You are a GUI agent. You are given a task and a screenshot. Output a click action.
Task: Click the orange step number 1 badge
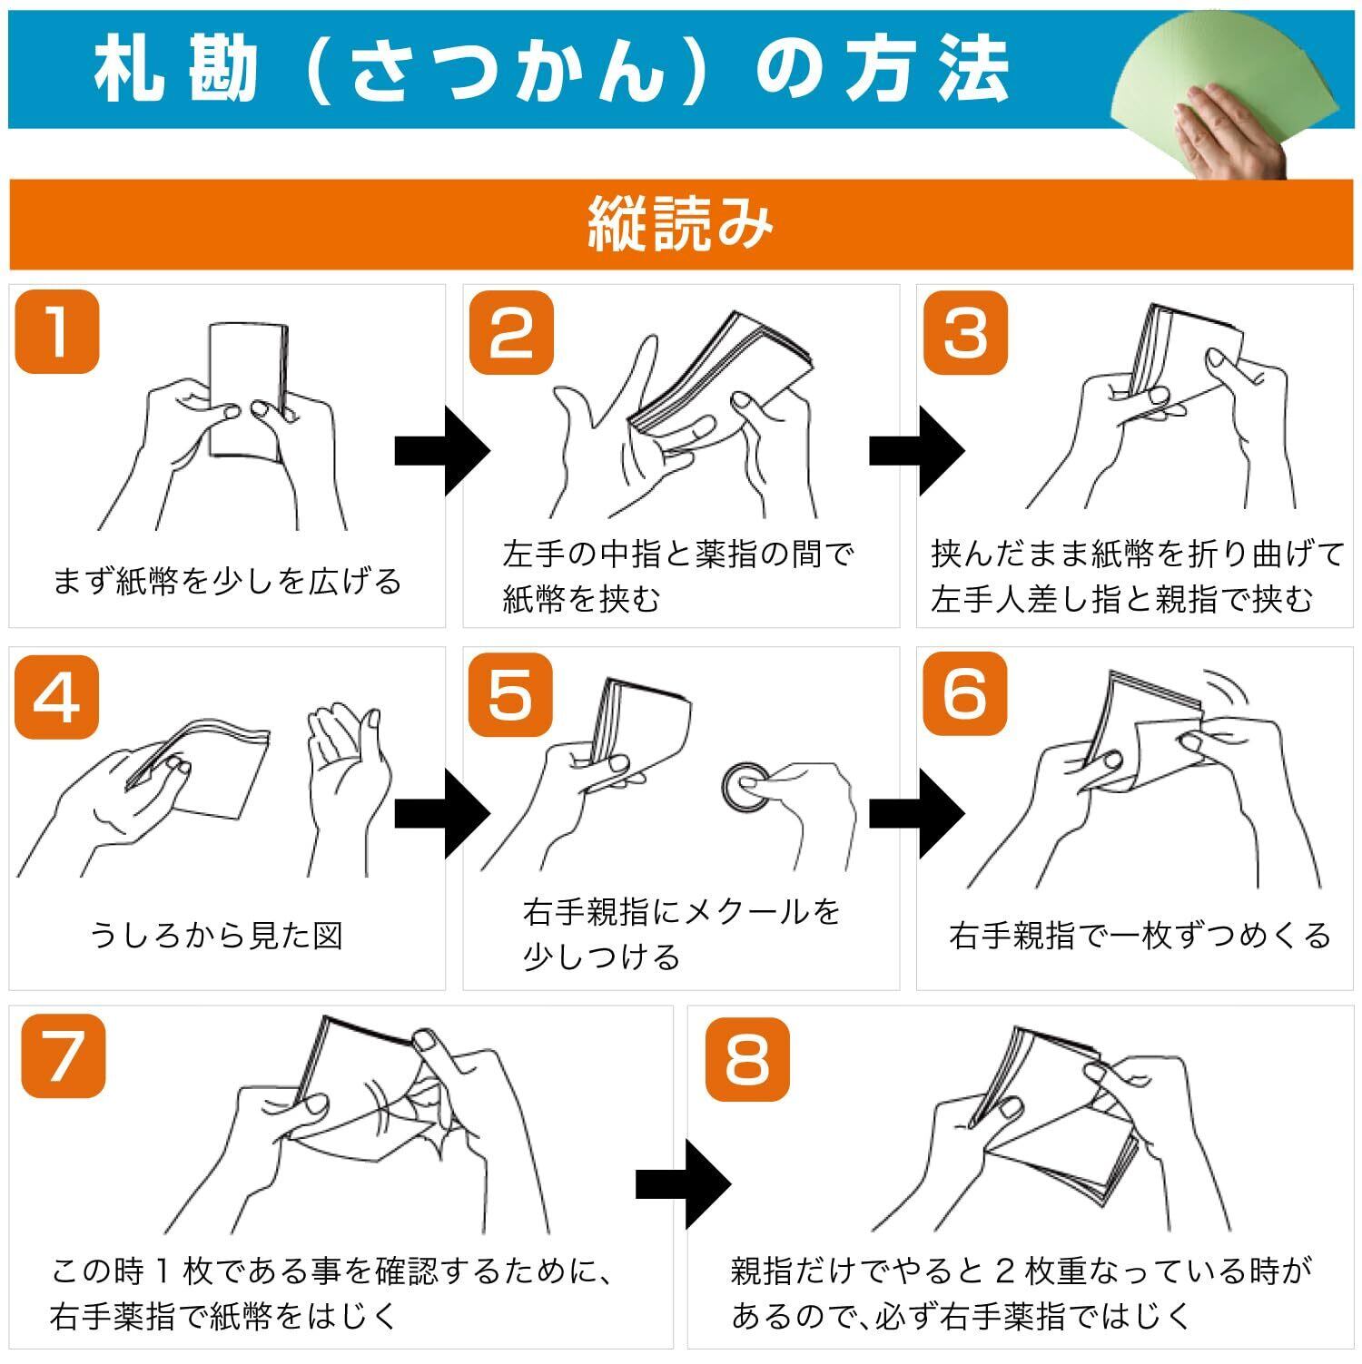(56, 331)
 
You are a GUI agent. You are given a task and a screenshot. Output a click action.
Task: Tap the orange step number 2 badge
(511, 332)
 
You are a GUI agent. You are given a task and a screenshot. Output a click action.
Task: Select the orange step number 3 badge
(965, 332)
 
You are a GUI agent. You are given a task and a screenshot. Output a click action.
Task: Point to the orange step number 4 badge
(56, 696)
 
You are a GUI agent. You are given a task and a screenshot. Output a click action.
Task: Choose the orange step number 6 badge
(965, 694)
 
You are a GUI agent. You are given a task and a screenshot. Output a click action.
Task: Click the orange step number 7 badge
(64, 1055)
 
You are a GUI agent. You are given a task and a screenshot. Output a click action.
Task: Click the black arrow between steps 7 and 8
(684, 1183)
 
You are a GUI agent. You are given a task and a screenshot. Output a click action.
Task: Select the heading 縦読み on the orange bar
(681, 224)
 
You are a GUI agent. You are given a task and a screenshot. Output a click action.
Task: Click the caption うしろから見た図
(216, 935)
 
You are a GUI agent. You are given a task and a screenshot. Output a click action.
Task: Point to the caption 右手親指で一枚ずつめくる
(1140, 935)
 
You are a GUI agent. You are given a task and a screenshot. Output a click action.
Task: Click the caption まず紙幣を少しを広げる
(227, 581)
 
